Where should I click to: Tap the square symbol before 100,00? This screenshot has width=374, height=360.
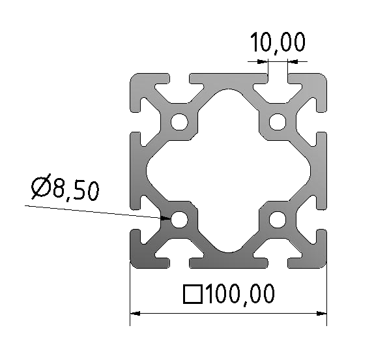click(x=192, y=295)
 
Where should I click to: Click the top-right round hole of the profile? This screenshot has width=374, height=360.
click(x=278, y=121)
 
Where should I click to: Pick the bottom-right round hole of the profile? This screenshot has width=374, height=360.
click(x=278, y=219)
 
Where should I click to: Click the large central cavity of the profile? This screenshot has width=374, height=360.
click(x=228, y=170)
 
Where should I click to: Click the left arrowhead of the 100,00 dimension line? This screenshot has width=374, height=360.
click(x=135, y=314)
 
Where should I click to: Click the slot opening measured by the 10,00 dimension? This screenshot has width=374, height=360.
click(x=278, y=80)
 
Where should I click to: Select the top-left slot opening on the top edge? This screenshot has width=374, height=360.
click(x=179, y=80)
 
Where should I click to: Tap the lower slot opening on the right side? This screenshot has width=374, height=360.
click(x=321, y=219)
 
